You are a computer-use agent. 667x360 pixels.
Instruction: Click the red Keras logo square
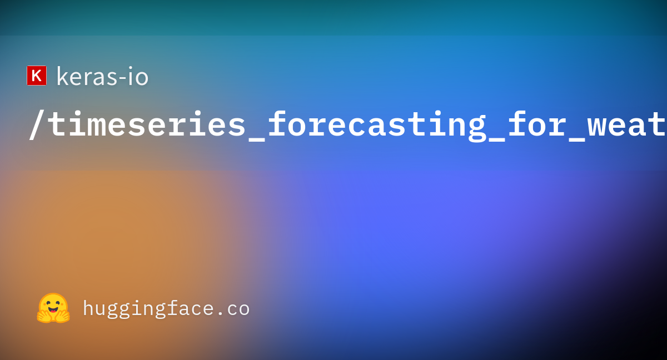click(37, 76)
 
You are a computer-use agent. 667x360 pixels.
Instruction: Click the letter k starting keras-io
click(63, 76)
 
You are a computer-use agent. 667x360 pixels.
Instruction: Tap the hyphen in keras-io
click(122, 78)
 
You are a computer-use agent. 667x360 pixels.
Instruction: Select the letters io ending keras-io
click(138, 76)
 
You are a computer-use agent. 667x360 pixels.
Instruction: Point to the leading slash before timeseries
click(37, 124)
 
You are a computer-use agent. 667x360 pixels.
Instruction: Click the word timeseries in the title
click(147, 124)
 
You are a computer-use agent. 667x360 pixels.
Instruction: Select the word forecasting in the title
click(377, 126)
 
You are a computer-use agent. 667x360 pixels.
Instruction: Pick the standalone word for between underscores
click(536, 123)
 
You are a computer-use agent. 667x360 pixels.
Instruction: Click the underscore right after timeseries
click(257, 140)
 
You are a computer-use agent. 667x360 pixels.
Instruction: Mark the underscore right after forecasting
click(497, 140)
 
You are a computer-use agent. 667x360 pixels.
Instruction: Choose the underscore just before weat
click(576, 140)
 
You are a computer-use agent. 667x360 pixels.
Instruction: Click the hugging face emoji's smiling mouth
click(53, 309)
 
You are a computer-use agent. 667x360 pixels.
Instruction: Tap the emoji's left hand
click(43, 315)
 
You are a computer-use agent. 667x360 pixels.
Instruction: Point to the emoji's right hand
click(63, 315)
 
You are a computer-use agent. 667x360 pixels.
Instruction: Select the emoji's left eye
click(48, 304)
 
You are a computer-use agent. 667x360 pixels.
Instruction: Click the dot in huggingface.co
click(220, 313)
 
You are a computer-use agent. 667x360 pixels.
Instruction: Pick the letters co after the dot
click(238, 309)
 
